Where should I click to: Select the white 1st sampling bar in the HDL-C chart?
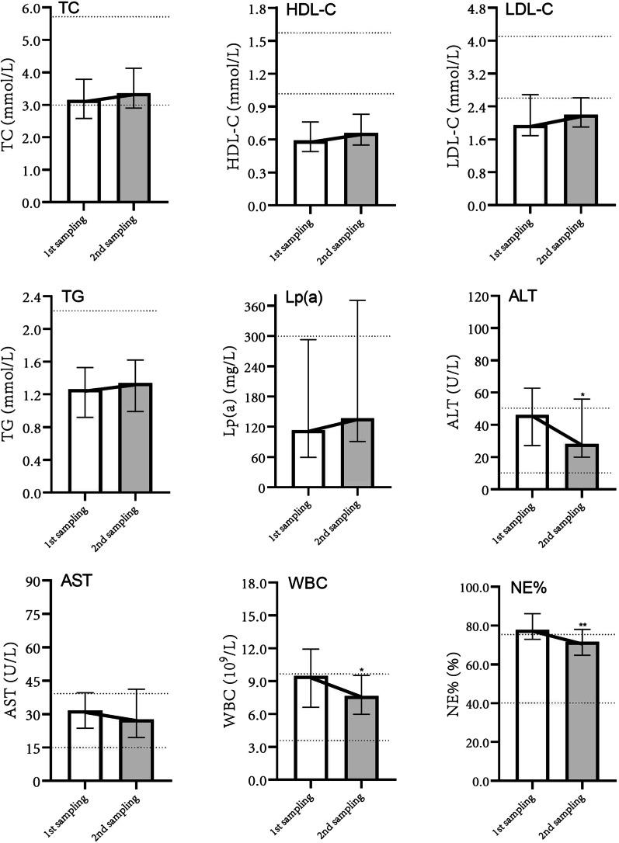[308, 174]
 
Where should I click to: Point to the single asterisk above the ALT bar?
[582, 395]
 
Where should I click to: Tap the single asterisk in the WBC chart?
[361, 670]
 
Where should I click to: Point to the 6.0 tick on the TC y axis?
[30, 9]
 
